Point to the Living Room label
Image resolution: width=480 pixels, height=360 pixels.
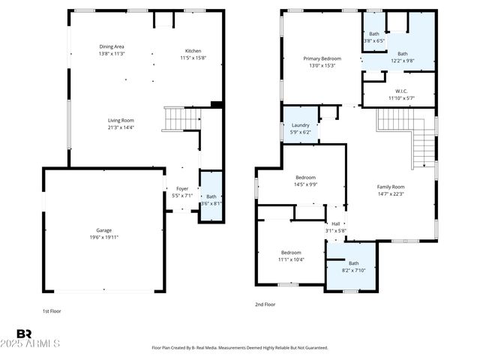tap(121, 124)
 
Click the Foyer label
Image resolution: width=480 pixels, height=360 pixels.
tap(182, 192)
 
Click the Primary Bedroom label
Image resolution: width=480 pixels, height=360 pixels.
tap(322, 61)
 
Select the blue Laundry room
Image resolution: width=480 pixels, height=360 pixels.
tap(300, 128)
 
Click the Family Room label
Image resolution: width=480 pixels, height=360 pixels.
tap(390, 190)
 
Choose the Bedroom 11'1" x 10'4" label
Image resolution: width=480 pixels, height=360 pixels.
tap(291, 256)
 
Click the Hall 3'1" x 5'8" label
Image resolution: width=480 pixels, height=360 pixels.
tap(335, 227)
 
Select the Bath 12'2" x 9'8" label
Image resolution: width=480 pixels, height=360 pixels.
tap(403, 57)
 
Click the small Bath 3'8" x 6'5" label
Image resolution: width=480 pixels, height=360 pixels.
tap(373, 37)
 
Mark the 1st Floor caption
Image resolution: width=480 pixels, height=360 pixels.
tap(52, 310)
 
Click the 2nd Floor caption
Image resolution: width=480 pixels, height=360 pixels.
tap(265, 304)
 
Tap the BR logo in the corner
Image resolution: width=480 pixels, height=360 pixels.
tap(24, 334)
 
